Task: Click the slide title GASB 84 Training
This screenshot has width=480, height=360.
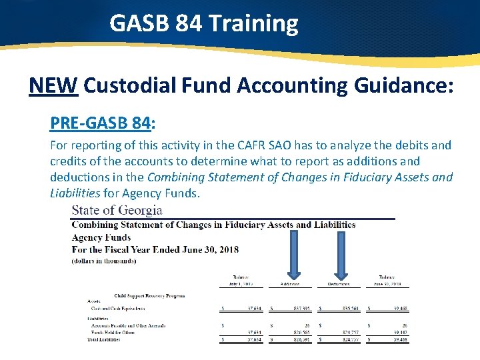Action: pyautogui.click(x=203, y=24)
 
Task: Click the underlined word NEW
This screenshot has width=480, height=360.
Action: pyautogui.click(x=54, y=85)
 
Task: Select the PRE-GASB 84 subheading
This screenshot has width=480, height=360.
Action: pyautogui.click(x=102, y=123)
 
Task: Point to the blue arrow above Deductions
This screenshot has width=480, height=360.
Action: pyautogui.click(x=341, y=251)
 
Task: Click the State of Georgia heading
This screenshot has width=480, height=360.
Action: pyautogui.click(x=117, y=210)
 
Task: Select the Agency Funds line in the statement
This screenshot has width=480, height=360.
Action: pyautogui.click(x=101, y=237)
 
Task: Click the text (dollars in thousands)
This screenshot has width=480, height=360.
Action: pyautogui.click(x=104, y=261)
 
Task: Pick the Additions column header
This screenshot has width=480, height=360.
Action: pyautogui.click(x=290, y=284)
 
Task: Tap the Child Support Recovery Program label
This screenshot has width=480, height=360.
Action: pyautogui.click(x=149, y=295)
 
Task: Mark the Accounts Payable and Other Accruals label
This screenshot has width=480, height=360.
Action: pyautogui.click(x=128, y=325)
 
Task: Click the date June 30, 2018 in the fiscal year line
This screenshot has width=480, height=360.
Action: pyautogui.click(x=205, y=249)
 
